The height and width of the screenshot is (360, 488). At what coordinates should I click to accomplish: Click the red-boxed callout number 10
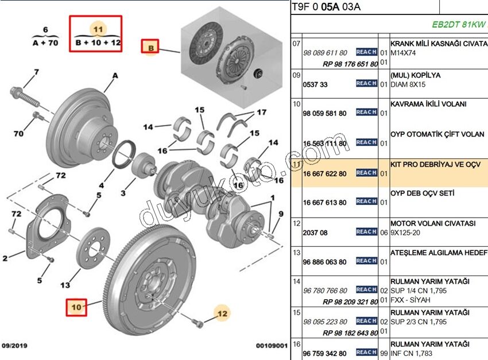click(x=76, y=307)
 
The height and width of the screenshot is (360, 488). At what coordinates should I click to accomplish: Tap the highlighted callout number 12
click(x=222, y=313)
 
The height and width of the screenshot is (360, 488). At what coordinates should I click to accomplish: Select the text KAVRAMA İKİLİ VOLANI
click(x=428, y=104)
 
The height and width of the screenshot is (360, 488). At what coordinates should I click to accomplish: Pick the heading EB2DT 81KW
click(x=459, y=25)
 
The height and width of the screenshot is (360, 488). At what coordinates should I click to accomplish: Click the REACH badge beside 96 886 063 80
click(x=366, y=261)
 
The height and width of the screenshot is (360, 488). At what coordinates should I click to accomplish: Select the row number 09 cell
click(x=296, y=75)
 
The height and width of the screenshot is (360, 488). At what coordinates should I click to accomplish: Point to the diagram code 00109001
click(x=270, y=346)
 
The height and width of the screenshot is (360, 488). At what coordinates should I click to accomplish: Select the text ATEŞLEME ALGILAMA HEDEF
click(x=439, y=252)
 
